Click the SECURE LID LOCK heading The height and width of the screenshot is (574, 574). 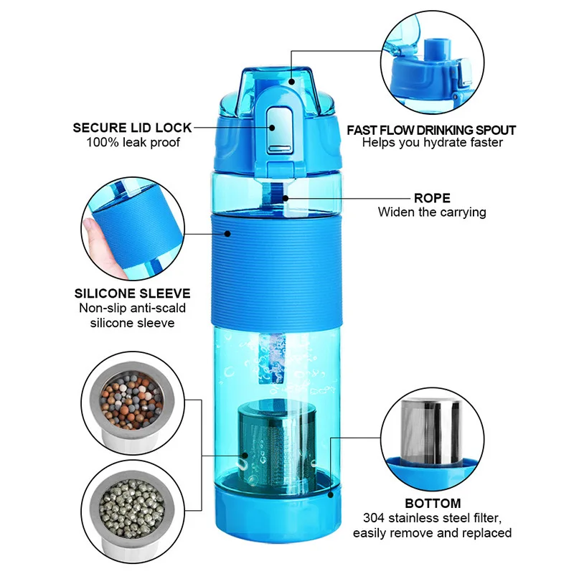click(x=132, y=128)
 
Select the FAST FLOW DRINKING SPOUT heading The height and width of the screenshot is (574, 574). click(x=431, y=130)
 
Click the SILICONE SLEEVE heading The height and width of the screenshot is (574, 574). click(x=132, y=293)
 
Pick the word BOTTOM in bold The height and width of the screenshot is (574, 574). click(x=432, y=503)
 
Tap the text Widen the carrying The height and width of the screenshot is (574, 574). click(x=432, y=212)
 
